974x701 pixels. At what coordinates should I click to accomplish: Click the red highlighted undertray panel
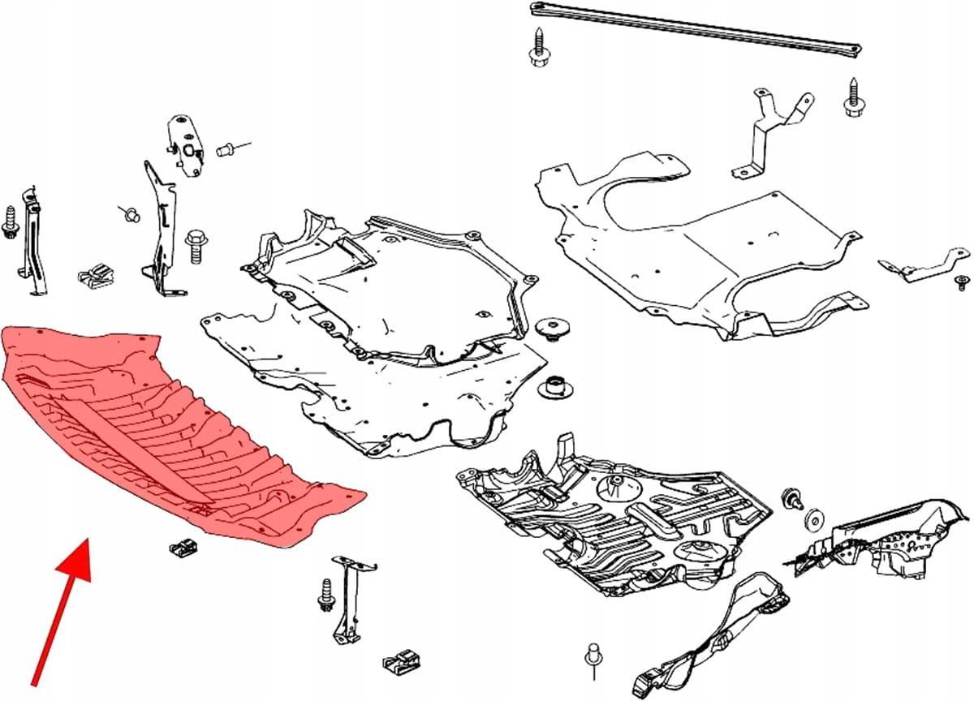click(x=162, y=430)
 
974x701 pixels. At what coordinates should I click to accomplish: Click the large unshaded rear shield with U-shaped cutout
click(x=698, y=243)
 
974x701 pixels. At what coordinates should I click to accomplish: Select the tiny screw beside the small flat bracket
click(x=961, y=282)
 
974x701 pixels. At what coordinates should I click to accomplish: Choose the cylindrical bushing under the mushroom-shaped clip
click(x=555, y=387)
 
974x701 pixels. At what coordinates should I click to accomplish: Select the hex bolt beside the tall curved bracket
click(x=196, y=246)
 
